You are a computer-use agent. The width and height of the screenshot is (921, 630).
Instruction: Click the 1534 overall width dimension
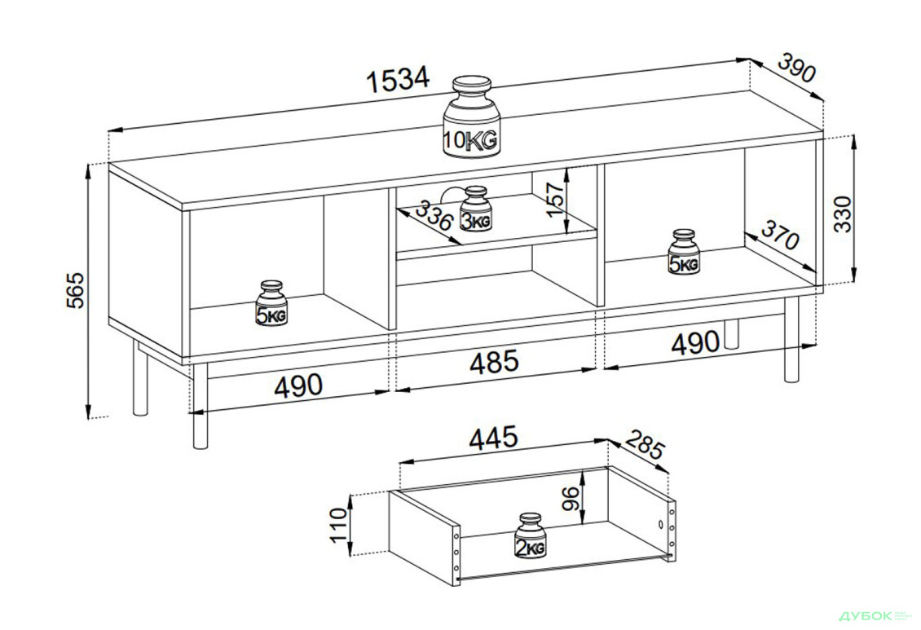click(399, 80)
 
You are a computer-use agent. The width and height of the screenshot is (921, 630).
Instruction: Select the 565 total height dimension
click(77, 290)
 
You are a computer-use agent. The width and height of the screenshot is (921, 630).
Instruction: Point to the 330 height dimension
click(843, 214)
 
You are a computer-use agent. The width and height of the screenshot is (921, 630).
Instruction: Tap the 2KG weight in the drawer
click(531, 535)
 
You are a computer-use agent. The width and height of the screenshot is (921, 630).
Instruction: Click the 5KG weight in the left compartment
click(271, 303)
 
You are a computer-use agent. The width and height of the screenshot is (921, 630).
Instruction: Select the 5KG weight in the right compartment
click(683, 252)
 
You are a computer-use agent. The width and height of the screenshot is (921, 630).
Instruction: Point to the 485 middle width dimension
click(495, 362)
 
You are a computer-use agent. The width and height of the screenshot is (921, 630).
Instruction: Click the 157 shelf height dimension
click(554, 199)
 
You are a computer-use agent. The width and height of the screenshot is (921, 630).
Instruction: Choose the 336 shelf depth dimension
click(434, 215)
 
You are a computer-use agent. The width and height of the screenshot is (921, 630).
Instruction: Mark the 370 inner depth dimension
click(780, 234)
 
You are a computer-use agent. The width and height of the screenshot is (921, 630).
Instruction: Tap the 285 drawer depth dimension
click(644, 444)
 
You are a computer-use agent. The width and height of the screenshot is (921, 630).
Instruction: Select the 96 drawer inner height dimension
click(571, 498)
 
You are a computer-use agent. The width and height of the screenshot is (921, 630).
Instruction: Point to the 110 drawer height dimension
click(339, 526)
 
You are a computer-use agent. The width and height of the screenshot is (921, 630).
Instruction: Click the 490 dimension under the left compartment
click(298, 385)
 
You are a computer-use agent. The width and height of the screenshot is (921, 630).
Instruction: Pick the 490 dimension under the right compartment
click(695, 342)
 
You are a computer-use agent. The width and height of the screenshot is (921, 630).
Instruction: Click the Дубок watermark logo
click(867, 616)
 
